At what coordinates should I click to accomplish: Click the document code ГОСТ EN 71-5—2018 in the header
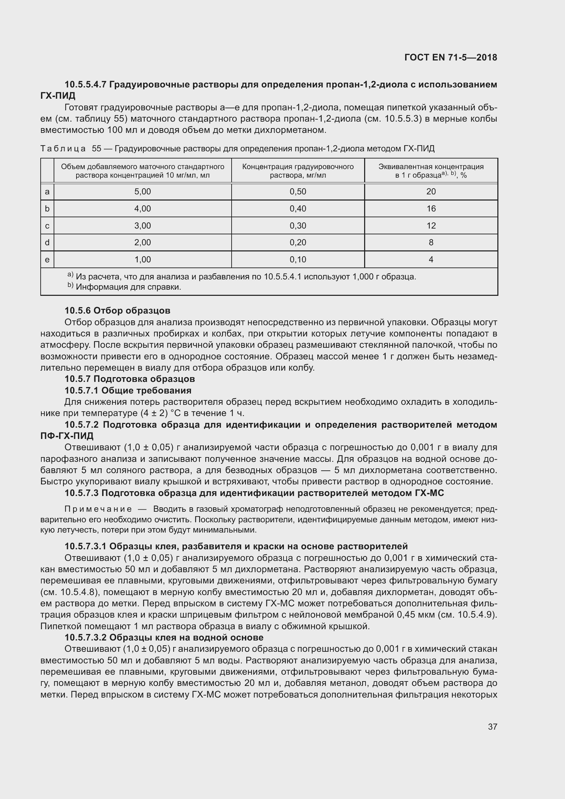click(451, 57)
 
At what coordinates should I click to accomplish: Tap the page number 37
click(492, 727)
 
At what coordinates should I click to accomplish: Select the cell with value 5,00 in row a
click(143, 191)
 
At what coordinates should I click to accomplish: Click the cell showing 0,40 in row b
click(298, 208)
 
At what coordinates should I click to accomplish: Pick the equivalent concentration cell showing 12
click(431, 225)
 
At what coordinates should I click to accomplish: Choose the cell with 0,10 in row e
click(298, 259)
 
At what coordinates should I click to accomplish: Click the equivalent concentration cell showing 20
click(431, 191)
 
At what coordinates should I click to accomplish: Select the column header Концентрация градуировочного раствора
click(298, 170)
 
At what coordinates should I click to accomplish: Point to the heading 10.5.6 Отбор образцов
click(117, 311)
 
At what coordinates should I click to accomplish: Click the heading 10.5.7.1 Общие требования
click(128, 390)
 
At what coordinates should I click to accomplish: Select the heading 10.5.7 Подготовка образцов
click(129, 378)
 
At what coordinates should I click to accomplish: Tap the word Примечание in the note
click(98, 509)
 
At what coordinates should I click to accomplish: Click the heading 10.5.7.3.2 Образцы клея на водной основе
click(164, 637)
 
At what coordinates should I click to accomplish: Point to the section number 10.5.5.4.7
click(85, 85)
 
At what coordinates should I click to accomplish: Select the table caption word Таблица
click(63, 149)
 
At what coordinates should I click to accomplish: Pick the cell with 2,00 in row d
click(143, 242)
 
